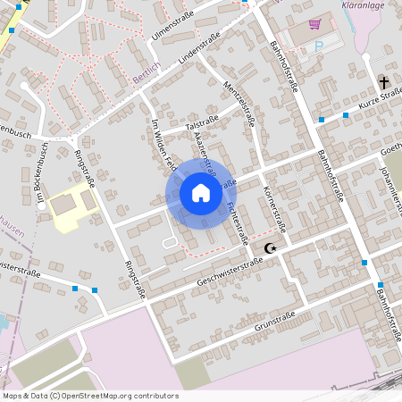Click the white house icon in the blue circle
click(x=200, y=192)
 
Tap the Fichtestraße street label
click(x=238, y=222)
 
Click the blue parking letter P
click(x=319, y=46)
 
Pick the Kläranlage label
click(x=364, y=4)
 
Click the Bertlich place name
click(x=146, y=79)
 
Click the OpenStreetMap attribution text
click(x=89, y=396)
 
